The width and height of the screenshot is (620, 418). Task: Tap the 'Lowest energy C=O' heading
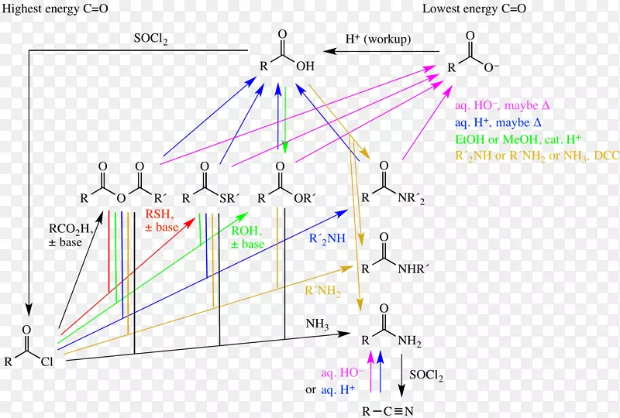pos(474,9)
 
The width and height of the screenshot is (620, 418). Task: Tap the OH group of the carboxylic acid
pos(308,66)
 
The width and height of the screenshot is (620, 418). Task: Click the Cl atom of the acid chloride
pos(47,359)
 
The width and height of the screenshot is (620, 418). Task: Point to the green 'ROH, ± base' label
pos(247,236)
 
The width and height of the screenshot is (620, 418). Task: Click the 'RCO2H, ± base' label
pos(71,235)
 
